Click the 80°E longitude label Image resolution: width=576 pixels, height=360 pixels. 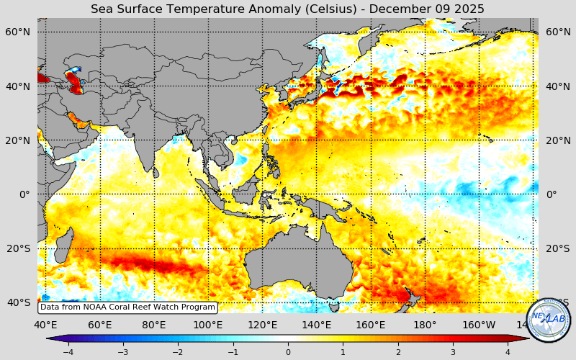pos(153,324)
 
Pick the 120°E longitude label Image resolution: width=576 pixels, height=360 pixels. pos(262,324)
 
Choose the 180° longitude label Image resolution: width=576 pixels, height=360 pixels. pos(425,324)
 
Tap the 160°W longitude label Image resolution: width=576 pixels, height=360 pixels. pos(480,324)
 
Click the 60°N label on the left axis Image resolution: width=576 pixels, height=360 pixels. pos(18,32)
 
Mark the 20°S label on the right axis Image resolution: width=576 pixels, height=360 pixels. pos(558,248)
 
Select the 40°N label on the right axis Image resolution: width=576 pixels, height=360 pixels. pos(558,86)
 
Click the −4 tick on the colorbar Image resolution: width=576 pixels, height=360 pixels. pos(68,351)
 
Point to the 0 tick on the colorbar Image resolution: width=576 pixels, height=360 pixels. pos(288,351)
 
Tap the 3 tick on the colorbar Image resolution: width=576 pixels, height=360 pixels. pos(453,351)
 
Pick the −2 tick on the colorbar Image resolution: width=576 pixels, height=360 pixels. pos(178,351)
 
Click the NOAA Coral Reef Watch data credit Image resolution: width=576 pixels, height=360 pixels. pos(127,307)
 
